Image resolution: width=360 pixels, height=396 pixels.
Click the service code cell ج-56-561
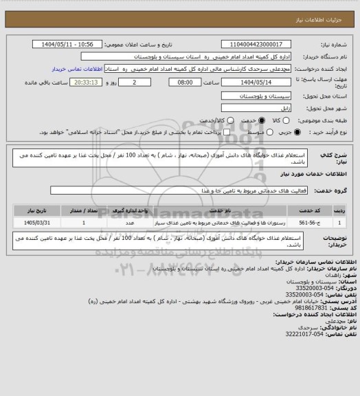coord(313,223)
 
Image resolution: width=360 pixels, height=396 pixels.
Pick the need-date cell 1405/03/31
coord(35,223)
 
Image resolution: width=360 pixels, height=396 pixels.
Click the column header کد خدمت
coord(313,210)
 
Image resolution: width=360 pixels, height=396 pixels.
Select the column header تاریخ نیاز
coord(35,210)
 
